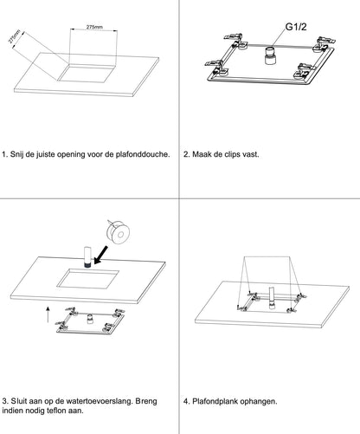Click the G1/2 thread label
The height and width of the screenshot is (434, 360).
[x=296, y=27]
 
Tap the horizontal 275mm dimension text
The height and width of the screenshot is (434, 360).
[x=94, y=27]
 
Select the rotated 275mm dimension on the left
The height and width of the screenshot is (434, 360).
[x=14, y=36]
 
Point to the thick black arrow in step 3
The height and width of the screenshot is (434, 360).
[x=101, y=255]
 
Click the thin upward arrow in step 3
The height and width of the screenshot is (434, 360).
[x=48, y=314]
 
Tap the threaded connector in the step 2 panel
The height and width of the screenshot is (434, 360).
[x=271, y=55]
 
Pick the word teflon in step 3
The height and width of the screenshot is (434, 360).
[x=58, y=411]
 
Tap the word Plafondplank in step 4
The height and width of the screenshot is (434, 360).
[x=215, y=401]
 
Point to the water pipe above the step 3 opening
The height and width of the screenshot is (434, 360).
[x=87, y=256]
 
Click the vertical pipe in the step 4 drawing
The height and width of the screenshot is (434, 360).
[x=272, y=298]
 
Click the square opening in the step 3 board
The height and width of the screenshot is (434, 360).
[x=88, y=279]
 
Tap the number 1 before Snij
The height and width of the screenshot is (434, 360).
[x=4, y=154]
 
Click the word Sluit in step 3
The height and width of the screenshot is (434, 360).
[x=18, y=401]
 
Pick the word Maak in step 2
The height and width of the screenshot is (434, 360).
[x=202, y=154]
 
